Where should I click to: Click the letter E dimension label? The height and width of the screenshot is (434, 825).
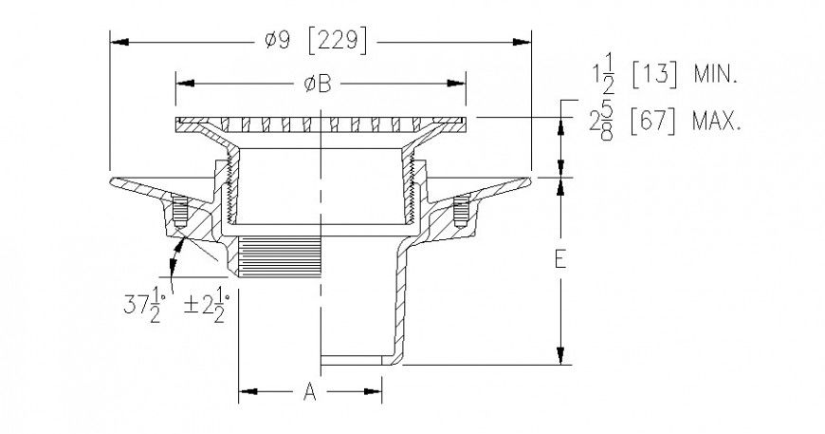[560, 260]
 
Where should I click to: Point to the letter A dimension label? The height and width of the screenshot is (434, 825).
[309, 391]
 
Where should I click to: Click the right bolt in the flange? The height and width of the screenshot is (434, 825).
[462, 210]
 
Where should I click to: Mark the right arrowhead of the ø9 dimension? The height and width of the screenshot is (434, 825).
[524, 40]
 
